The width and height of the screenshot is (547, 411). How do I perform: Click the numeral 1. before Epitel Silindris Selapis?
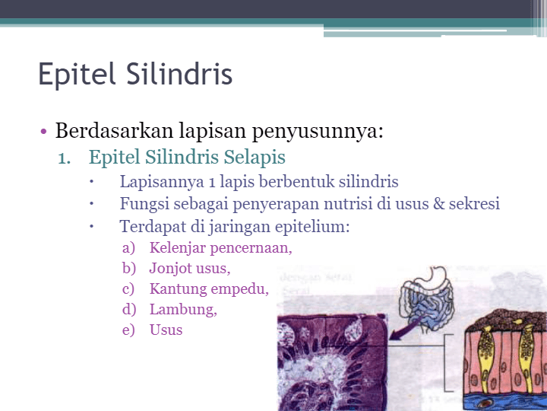coord(65,158)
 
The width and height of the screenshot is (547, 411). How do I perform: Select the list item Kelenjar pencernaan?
coord(220,248)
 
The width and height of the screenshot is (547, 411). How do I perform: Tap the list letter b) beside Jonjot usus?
coord(128,269)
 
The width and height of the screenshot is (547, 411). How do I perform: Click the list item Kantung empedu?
coord(209,289)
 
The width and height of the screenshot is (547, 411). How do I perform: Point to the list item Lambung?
coord(183,310)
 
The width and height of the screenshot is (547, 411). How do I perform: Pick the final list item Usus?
coord(166,330)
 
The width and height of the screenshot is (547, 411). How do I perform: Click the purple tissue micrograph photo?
coord(330,362)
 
